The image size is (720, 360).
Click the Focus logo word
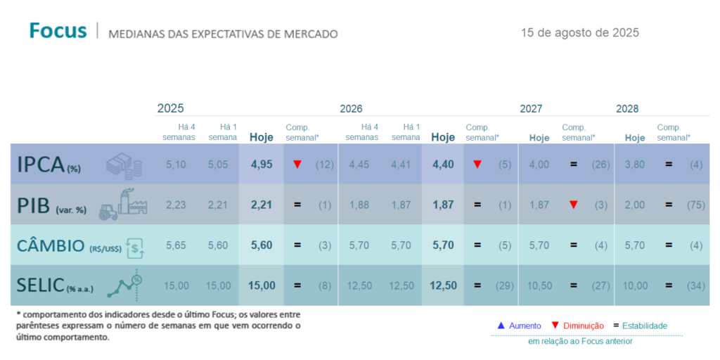(x=58, y=31)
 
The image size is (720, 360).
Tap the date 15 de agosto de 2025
(x=579, y=32)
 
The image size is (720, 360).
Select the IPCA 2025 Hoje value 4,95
(x=261, y=164)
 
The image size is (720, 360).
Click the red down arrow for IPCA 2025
(x=297, y=164)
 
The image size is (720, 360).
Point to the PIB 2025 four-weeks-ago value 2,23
(x=176, y=205)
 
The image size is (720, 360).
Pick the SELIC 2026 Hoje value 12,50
(x=442, y=285)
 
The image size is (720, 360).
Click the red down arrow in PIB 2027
(x=574, y=205)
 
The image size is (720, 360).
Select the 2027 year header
(x=531, y=108)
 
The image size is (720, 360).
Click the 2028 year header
(x=627, y=108)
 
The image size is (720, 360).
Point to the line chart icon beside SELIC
(x=126, y=284)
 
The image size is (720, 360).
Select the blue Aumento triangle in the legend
(x=501, y=326)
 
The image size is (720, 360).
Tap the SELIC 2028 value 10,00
(x=635, y=285)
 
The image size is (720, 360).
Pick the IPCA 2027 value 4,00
(x=539, y=164)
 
